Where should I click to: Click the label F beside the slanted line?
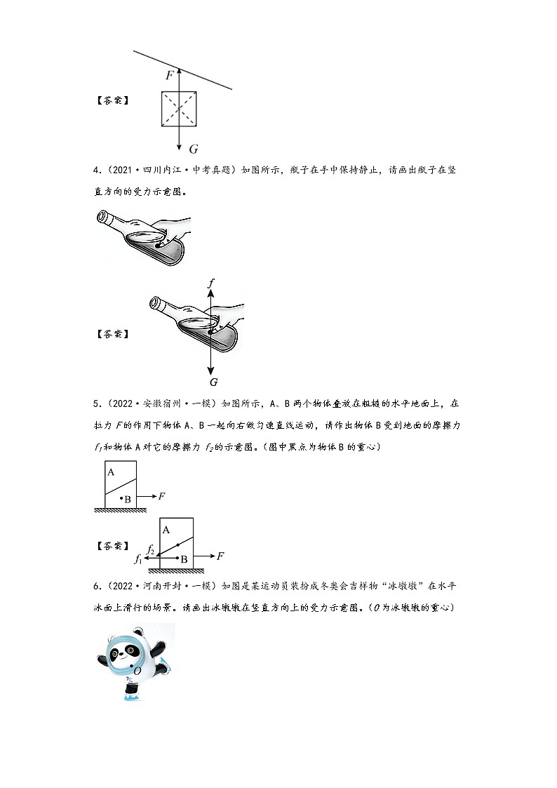pos(169,74)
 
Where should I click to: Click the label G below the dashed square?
pos(194,148)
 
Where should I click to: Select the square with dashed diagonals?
pos(179,109)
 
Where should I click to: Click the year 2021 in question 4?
pos(121,171)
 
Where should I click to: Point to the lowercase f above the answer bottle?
pos(211,283)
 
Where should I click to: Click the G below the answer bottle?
pos(213,382)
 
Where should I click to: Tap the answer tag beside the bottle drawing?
pos(112,333)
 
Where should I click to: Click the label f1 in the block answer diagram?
pos(137,559)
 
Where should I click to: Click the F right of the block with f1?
pos(220,556)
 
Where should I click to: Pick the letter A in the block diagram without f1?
pos(111,472)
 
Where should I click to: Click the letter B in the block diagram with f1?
pos(183,560)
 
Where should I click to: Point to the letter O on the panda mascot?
pos(137,671)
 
